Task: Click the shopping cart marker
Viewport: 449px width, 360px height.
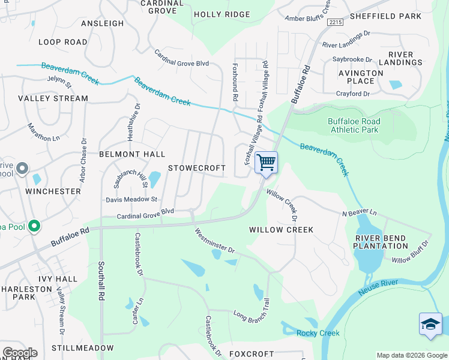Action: pyautogui.click(x=266, y=162)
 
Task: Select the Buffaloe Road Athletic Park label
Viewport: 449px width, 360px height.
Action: pyautogui.click(x=354, y=125)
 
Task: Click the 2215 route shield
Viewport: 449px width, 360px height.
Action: pyautogui.click(x=335, y=22)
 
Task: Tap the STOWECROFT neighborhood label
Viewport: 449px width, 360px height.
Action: pyautogui.click(x=196, y=168)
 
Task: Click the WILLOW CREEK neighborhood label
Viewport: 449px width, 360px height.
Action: pyautogui.click(x=282, y=230)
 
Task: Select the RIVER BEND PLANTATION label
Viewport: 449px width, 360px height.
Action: pyautogui.click(x=381, y=241)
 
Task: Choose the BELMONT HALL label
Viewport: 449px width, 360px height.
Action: pyautogui.click(x=132, y=154)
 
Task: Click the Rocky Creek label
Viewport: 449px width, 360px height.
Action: pyautogui.click(x=318, y=333)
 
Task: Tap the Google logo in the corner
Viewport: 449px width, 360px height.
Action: pyautogui.click(x=20, y=352)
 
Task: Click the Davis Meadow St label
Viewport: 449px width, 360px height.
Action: pyautogui.click(x=131, y=199)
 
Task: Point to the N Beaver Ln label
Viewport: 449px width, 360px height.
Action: pyautogui.click(x=359, y=213)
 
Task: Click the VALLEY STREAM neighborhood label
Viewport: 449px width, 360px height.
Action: pyautogui.click(x=53, y=98)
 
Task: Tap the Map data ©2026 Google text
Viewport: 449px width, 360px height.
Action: pyautogui.click(x=412, y=355)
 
